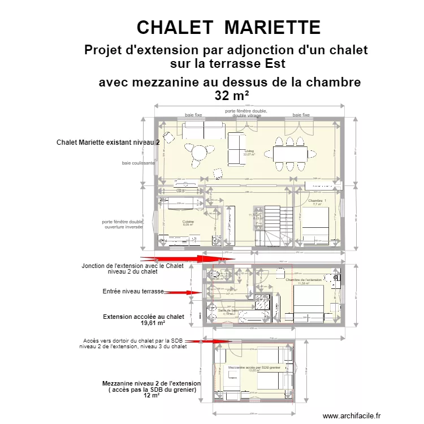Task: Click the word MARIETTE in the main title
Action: [x=272, y=27]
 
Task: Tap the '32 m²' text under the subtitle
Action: [x=232, y=96]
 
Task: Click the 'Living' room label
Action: [x=249, y=152]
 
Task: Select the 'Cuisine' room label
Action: [x=188, y=222]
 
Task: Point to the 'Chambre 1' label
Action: [x=317, y=201]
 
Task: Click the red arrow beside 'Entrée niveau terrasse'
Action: [x=182, y=292]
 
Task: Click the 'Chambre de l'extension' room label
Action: [x=304, y=280]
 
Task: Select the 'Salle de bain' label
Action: [x=227, y=310]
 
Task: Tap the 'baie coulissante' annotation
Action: [x=139, y=163]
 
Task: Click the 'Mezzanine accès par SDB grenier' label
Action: [x=254, y=367]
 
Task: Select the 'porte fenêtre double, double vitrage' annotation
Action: [x=246, y=113]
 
